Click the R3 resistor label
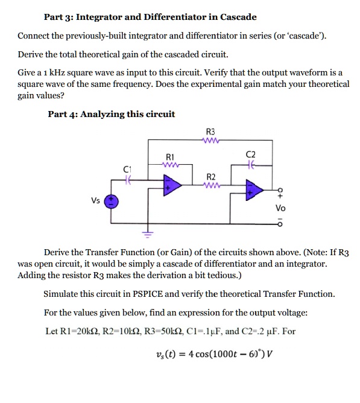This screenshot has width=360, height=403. pos(210,131)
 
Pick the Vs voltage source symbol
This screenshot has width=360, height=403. pos(112,202)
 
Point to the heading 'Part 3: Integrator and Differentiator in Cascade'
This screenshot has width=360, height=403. pos(151,17)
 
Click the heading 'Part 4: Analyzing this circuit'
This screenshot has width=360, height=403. pos(111,114)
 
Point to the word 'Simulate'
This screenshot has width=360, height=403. pos(62,294)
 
